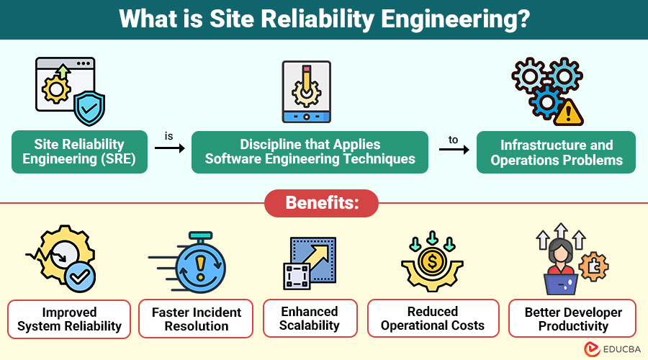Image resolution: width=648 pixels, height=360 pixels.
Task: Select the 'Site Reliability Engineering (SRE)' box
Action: tap(79, 152)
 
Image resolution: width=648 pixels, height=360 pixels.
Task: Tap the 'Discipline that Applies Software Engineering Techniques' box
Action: tap(310, 152)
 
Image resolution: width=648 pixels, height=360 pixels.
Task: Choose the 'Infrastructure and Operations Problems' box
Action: tap(556, 152)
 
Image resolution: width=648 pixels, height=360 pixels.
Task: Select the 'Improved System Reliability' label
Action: tap(70, 319)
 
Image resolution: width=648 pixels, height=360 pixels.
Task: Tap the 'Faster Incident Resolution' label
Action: tap(196, 319)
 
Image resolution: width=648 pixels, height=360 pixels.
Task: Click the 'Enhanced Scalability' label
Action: tap(310, 319)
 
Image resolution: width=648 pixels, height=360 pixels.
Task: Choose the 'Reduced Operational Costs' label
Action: tap(433, 319)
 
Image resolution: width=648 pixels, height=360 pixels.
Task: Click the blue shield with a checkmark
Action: tap(91, 108)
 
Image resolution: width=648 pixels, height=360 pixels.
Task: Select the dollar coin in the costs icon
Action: tap(433, 261)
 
